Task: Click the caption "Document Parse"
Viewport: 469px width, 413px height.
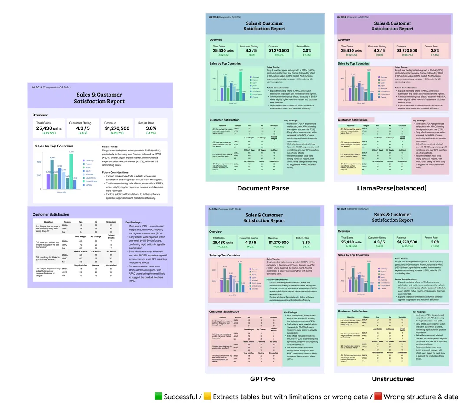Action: pyautogui.click(x=263, y=188)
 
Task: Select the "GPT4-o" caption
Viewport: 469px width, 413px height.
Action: pyautogui.click(x=262, y=379)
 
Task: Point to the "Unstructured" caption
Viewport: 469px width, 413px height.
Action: pyautogui.click(x=393, y=379)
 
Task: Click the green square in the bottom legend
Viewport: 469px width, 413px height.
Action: pyautogui.click(x=158, y=397)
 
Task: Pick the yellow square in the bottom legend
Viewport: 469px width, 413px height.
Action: pyautogui.click(x=207, y=397)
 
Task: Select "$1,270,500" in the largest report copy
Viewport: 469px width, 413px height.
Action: pyautogui.click(x=117, y=128)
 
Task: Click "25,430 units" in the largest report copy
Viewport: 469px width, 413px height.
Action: pyautogui.click(x=49, y=128)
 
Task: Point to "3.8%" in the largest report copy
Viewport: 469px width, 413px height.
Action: pyautogui.click(x=151, y=128)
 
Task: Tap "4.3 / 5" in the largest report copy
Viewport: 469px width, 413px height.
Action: pyautogui.click(x=83, y=128)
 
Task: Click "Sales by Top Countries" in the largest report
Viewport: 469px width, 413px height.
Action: pyautogui.click(x=54, y=147)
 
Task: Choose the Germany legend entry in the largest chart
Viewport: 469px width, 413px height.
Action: pyautogui.click(x=89, y=161)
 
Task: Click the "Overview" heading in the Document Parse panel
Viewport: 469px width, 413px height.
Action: pyautogui.click(x=216, y=40)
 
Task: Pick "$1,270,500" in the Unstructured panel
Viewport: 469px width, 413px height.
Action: pyautogui.click(x=406, y=242)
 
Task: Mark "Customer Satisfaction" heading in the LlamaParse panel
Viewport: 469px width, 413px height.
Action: pyautogui.click(x=353, y=120)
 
